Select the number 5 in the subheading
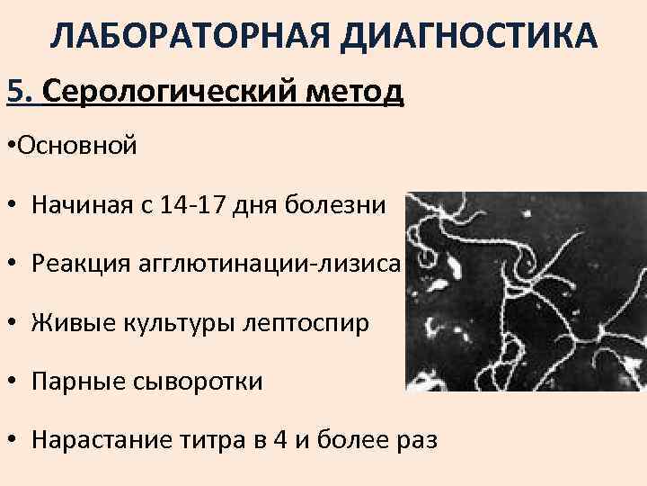tap(15, 91)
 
